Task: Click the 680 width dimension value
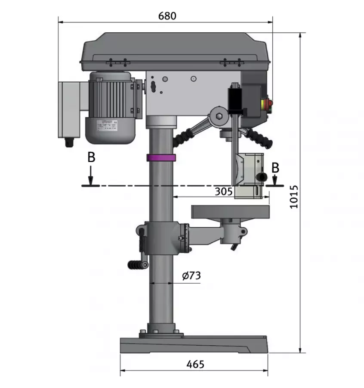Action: pyautogui.click(x=167, y=16)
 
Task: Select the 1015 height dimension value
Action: pyautogui.click(x=293, y=197)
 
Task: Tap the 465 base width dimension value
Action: pyautogui.click(x=195, y=364)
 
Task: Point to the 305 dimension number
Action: pyautogui.click(x=224, y=191)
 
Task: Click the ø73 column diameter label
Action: pyautogui.click(x=191, y=276)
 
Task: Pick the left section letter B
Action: pyautogui.click(x=91, y=157)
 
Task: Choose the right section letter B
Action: pyautogui.click(x=275, y=167)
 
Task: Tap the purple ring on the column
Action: pyautogui.click(x=161, y=157)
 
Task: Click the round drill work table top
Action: pyautogui.click(x=231, y=211)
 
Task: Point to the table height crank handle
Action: pyautogui.click(x=137, y=265)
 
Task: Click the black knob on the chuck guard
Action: pyautogui.click(x=261, y=177)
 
